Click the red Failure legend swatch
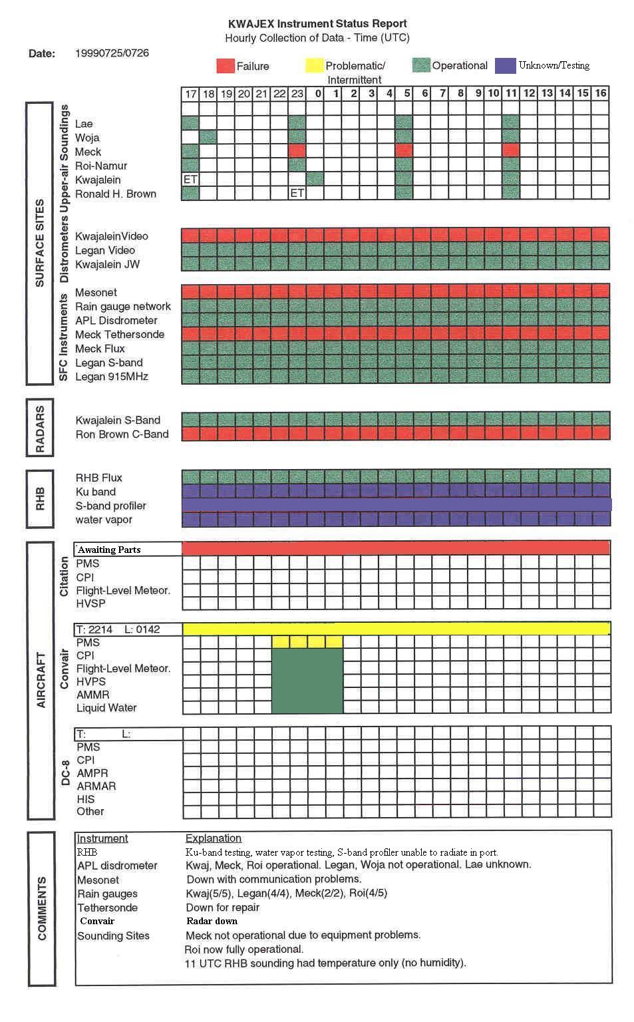click(226, 65)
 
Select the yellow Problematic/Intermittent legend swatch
click(314, 65)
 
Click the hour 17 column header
click(191, 94)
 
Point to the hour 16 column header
click(601, 94)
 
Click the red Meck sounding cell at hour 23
click(297, 152)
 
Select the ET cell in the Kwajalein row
click(191, 180)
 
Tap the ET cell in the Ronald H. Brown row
click(297, 194)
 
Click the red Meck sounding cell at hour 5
click(404, 152)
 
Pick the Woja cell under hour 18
click(208, 138)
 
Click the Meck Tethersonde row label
click(120, 335)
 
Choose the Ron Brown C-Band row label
click(122, 434)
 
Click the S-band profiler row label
click(110, 506)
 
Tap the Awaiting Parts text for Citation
click(110, 550)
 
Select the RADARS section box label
click(40, 428)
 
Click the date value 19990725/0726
click(112, 53)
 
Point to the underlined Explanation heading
click(213, 838)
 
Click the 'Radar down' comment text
click(212, 922)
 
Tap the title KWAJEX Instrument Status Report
click(317, 24)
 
